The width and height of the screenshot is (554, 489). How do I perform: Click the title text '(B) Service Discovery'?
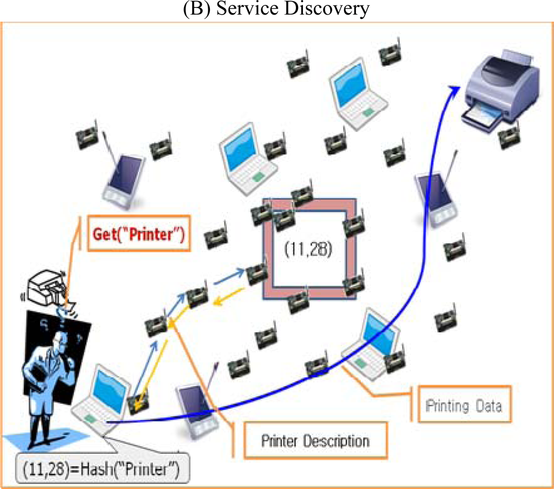(276, 9)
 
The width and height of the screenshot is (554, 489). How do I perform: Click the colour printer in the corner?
(502, 88)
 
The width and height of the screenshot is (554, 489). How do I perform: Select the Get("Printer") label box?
(139, 234)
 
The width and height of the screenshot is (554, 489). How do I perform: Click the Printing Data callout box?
(464, 406)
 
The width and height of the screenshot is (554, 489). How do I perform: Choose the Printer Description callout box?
(315, 441)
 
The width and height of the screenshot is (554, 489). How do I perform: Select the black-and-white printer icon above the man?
(49, 288)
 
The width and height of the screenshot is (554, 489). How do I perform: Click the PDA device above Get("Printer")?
(124, 179)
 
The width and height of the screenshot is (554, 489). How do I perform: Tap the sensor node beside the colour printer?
(509, 136)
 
